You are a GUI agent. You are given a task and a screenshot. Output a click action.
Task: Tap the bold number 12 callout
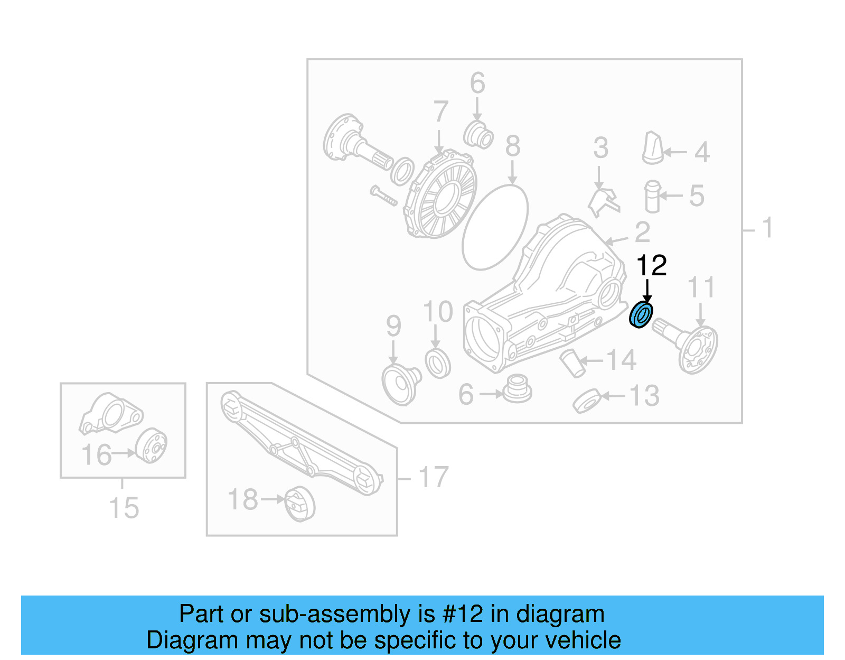[x=651, y=266]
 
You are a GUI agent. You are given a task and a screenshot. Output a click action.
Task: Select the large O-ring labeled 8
[x=495, y=227]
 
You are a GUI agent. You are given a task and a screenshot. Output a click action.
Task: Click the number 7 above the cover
[x=441, y=112]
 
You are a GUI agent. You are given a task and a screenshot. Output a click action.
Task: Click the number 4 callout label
[x=701, y=152]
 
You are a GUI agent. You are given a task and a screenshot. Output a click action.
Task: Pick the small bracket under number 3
[x=604, y=202]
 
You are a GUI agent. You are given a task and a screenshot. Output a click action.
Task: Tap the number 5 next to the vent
[x=697, y=196]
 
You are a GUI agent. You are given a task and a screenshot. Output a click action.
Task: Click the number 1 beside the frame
[x=767, y=228]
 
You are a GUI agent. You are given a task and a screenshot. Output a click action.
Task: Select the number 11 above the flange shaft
[x=701, y=288]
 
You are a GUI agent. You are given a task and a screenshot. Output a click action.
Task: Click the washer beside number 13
[x=587, y=401]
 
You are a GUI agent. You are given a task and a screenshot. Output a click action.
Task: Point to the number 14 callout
[x=621, y=361]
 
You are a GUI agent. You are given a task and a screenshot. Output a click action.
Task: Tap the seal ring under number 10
[x=438, y=363]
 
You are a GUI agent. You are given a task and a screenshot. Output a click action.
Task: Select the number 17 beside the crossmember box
[x=433, y=477]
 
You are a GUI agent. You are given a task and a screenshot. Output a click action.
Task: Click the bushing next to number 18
[x=300, y=504]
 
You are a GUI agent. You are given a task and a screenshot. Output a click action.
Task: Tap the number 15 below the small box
[x=124, y=508]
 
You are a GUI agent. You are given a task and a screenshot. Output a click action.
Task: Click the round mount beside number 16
[x=151, y=446]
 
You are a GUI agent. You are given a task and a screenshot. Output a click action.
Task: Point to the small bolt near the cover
[x=383, y=196]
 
